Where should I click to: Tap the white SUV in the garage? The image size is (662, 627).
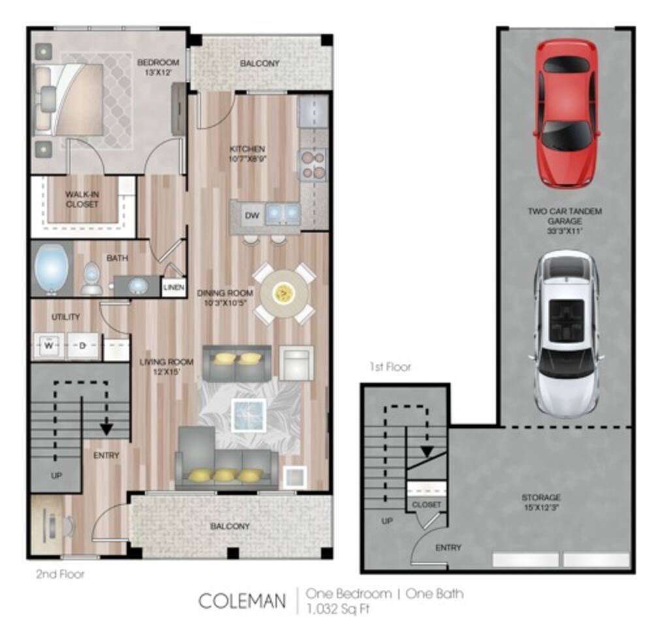click(565, 333)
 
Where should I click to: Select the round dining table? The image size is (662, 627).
click(284, 294)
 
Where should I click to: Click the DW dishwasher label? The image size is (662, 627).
click(252, 215)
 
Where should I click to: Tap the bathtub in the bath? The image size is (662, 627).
click(52, 269)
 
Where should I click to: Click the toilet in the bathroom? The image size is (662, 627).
click(91, 279)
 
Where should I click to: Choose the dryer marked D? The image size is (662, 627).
click(82, 346)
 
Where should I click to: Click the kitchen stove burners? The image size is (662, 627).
click(312, 164)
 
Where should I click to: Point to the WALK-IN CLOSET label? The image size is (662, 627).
click(82, 199)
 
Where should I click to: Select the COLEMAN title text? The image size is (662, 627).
click(242, 600)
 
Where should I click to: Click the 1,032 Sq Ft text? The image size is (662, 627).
click(339, 609)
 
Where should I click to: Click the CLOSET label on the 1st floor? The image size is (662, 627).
click(426, 504)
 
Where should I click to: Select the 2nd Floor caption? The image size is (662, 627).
click(60, 575)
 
